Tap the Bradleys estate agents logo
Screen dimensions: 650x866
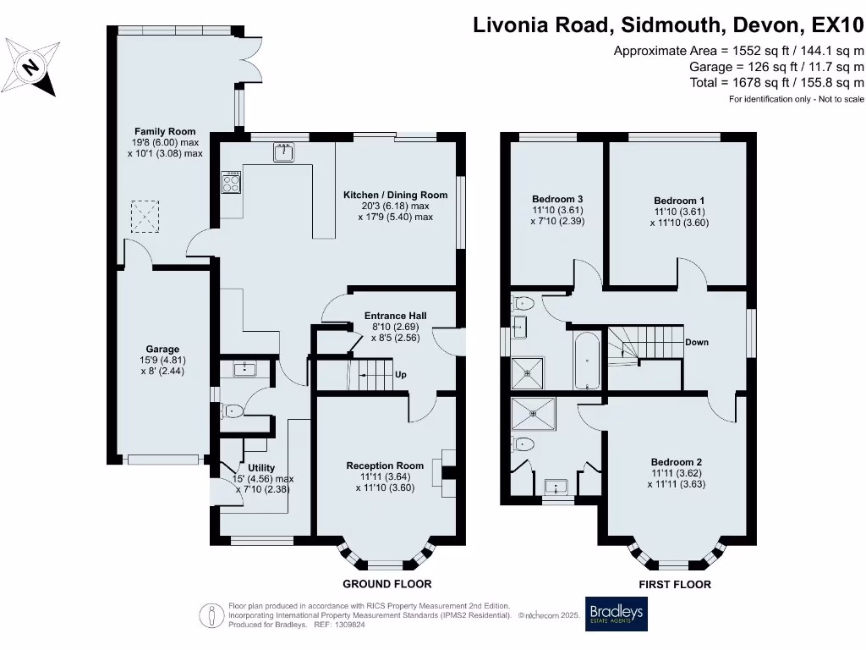click(616, 614)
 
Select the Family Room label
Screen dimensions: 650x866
click(165, 131)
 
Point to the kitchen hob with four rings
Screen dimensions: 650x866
click(231, 182)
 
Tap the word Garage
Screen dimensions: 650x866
click(162, 349)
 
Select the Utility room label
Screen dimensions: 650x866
click(261, 468)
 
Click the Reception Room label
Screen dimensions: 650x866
click(385, 465)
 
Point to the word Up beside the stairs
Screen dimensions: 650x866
click(400, 374)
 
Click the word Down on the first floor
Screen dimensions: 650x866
click(697, 342)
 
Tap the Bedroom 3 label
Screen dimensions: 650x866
click(553, 201)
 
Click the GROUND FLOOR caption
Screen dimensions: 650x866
click(386, 584)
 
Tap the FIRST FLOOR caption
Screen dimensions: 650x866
click(675, 584)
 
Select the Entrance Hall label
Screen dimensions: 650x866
click(396, 316)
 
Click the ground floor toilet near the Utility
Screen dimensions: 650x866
click(233, 411)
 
